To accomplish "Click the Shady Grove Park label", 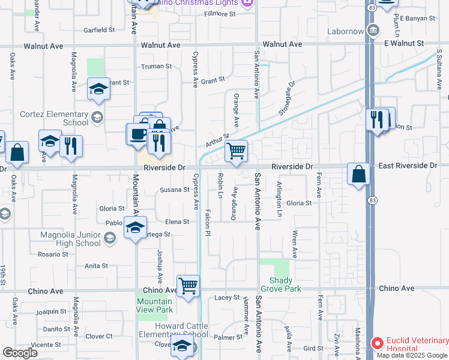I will click(x=281, y=284).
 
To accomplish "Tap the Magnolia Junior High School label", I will click(x=71, y=239).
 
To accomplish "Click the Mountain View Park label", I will click(x=154, y=305).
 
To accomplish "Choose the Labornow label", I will click(x=346, y=31).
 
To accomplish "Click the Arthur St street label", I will click(x=218, y=140).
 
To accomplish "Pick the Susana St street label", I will click(x=174, y=190).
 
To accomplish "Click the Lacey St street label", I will click(x=227, y=298).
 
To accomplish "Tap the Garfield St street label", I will click(x=99, y=30).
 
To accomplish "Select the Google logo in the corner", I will click(x=20, y=353).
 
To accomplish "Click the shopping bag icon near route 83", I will click(x=358, y=174).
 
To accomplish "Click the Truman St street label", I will click(x=156, y=67).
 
